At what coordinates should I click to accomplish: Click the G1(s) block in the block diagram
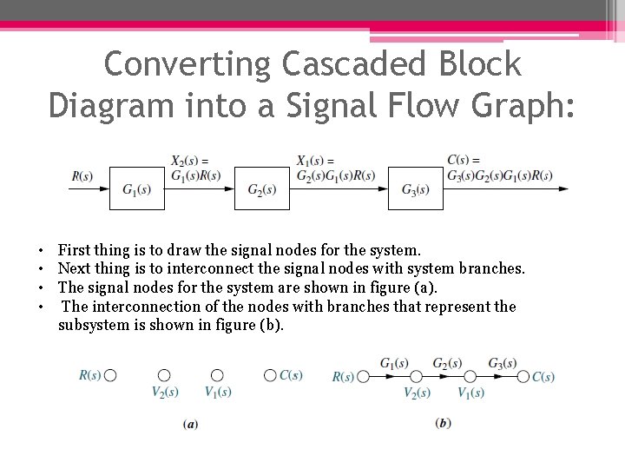tap(136, 188)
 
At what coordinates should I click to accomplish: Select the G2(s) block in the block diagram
tap(261, 188)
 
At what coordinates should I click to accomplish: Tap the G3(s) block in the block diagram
tap(415, 188)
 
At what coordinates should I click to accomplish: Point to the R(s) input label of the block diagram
tap(82, 176)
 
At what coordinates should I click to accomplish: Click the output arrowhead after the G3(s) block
tap(565, 188)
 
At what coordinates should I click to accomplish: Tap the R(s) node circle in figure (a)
tap(110, 375)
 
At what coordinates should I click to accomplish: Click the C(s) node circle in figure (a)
tap(270, 375)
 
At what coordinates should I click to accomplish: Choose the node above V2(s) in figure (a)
tap(164, 375)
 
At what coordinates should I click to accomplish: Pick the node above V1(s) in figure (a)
tap(217, 375)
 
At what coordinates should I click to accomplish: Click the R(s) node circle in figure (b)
tap(363, 376)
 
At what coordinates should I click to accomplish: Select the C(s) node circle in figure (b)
tap(523, 376)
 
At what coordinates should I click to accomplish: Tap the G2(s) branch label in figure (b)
tap(447, 362)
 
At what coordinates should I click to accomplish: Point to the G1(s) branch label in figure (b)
tap(395, 362)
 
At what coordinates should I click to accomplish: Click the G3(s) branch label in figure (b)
tap(503, 362)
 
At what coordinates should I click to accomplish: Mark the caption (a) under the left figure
tap(190, 424)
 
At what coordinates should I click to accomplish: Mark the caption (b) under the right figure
tap(444, 423)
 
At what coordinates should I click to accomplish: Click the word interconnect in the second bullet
tap(196, 268)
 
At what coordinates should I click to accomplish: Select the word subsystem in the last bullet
tap(93, 325)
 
